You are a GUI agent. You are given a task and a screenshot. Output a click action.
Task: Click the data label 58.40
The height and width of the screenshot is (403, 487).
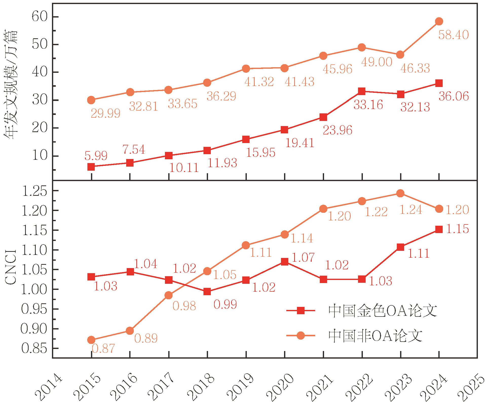pyautogui.click(x=454, y=35)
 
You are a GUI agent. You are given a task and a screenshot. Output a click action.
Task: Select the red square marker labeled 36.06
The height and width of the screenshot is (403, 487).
pyautogui.click(x=439, y=83)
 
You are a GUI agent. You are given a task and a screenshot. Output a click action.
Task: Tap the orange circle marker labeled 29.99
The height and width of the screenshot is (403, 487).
pyautogui.click(x=91, y=100)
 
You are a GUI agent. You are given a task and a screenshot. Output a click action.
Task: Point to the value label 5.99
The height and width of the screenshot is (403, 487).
pyautogui.click(x=96, y=155)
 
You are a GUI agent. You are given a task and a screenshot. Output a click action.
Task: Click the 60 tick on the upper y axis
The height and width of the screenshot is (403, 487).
pyautogui.click(x=40, y=16)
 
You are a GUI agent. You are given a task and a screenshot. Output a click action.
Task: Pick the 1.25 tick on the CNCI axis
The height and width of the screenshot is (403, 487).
pyautogui.click(x=35, y=191)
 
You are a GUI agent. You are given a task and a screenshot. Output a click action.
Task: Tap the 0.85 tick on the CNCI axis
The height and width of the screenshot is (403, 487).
pyautogui.click(x=34, y=348)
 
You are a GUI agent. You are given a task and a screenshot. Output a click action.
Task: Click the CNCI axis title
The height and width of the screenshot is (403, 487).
pyautogui.click(x=11, y=267)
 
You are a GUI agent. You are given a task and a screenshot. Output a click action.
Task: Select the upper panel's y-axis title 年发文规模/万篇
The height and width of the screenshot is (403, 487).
pyautogui.click(x=11, y=84)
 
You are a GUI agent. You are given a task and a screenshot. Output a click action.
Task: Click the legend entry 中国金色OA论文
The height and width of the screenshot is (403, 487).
pyautogui.click(x=362, y=311)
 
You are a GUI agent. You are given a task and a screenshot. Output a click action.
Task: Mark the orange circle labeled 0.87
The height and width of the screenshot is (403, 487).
pyautogui.click(x=91, y=340)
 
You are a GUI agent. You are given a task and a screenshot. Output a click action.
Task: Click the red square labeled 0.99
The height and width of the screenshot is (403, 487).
pyautogui.click(x=207, y=291)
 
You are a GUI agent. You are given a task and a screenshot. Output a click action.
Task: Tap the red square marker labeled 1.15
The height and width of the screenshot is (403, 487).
pyautogui.click(x=439, y=230)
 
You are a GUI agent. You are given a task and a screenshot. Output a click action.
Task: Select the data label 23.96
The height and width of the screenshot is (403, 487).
pyautogui.click(x=338, y=130)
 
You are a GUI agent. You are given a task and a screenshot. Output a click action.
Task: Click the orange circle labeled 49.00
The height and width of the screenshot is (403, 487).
pyautogui.click(x=362, y=47)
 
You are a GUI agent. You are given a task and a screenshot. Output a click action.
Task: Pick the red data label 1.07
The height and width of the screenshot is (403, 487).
pyautogui.click(x=303, y=257)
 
